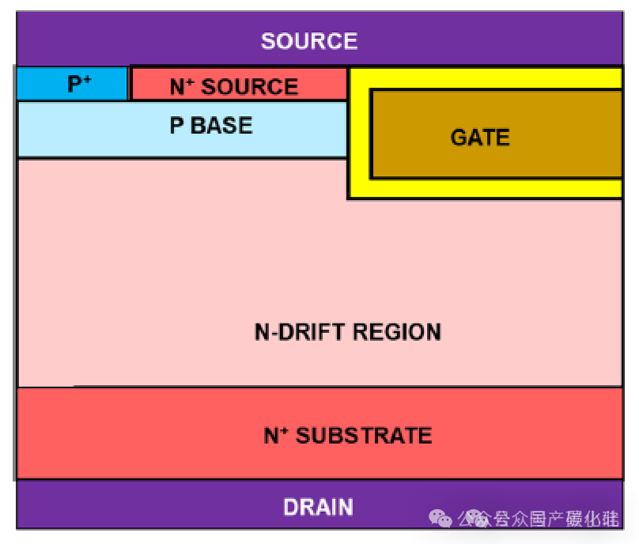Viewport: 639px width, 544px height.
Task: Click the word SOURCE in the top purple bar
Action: click(x=309, y=41)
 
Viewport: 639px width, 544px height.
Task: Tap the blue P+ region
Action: click(x=72, y=84)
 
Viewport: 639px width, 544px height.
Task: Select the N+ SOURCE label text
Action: click(x=234, y=86)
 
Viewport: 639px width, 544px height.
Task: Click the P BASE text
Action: click(x=211, y=126)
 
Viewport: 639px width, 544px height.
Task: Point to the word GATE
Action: click(x=480, y=138)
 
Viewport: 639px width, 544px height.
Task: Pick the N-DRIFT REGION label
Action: click(x=348, y=331)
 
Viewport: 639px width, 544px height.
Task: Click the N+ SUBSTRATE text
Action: click(x=348, y=435)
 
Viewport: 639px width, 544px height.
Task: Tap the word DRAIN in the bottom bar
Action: click(x=319, y=507)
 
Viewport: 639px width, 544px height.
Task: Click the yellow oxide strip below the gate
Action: click(x=490, y=187)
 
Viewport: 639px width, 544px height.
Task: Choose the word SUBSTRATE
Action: click(x=364, y=435)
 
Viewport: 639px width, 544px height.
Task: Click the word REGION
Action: click(x=398, y=331)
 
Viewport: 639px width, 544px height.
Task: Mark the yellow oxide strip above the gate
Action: click(x=490, y=78)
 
